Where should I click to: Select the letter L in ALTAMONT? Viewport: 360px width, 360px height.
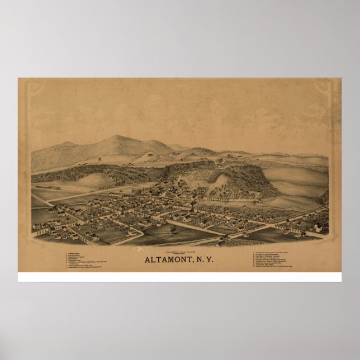[153, 259]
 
